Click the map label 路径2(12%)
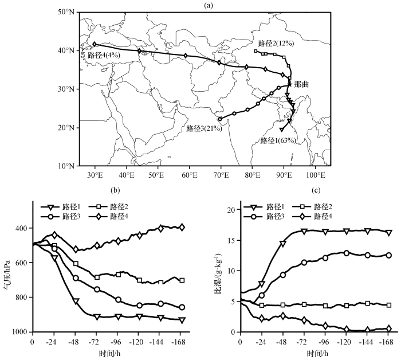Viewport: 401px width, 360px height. coord(277,43)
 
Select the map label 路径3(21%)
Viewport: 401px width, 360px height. coord(204,129)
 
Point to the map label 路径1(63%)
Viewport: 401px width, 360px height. coord(278,140)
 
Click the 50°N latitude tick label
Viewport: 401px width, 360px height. coord(67,12)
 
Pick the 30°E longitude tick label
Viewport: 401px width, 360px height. coord(95,174)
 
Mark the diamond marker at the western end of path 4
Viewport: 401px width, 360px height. coord(95,44)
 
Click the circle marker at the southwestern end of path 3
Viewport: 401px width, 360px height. coord(220,119)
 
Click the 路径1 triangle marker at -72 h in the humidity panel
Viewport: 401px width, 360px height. coord(304,231)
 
